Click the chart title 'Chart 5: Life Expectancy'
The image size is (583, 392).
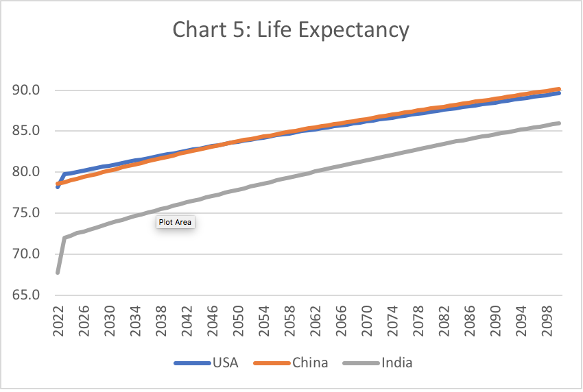(291, 30)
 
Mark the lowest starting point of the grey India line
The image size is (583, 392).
(58, 272)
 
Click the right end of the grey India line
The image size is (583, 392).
(559, 123)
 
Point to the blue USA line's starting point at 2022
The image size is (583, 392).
(58, 186)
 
